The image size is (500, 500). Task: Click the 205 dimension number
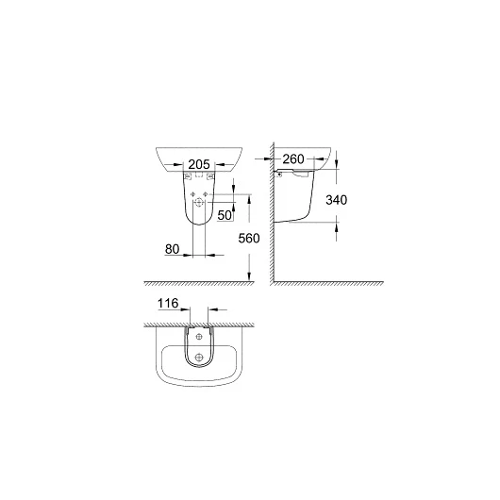pyautogui.click(x=199, y=164)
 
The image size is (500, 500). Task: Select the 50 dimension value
pyautogui.click(x=225, y=215)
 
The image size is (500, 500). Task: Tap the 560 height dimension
pyautogui.click(x=249, y=239)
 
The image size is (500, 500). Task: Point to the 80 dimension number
pyautogui.click(x=173, y=249)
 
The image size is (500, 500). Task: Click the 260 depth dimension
pyautogui.click(x=293, y=159)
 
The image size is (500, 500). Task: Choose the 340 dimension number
pyautogui.click(x=337, y=200)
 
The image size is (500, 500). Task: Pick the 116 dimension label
pyautogui.click(x=168, y=303)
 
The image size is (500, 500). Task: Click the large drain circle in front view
pyautogui.click(x=199, y=202)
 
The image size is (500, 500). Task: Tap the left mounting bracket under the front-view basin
pyautogui.click(x=188, y=175)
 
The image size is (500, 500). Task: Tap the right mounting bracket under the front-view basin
pyautogui.click(x=210, y=175)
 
